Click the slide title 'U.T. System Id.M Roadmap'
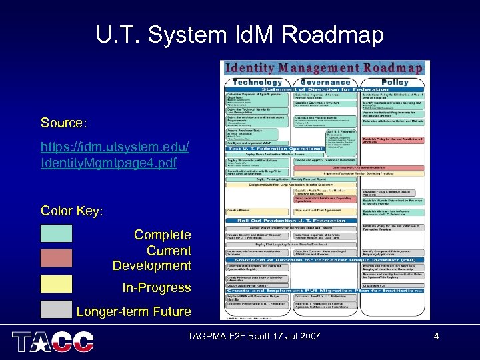pos(240,34)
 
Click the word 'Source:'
pos(63,123)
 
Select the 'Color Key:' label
pos(71,211)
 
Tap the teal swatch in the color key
pos(56,233)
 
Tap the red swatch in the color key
pos(56,258)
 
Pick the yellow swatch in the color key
pos(56,284)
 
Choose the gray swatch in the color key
pos(56,309)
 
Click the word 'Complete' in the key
pos(162,235)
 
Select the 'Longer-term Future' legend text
pos(133,311)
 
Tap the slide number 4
pos(436,337)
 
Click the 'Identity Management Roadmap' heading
pos(323,67)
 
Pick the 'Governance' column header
pos(325,81)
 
